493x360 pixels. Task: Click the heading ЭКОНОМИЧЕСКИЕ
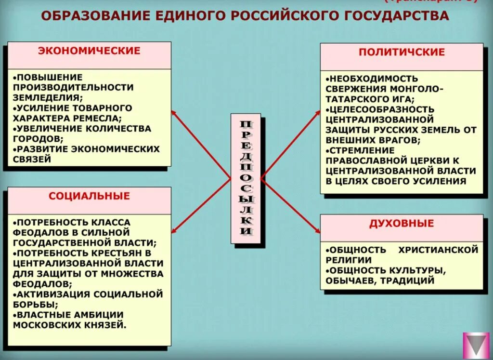(89, 51)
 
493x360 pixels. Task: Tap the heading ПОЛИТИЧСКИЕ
(402, 53)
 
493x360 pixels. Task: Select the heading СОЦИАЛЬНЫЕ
(89, 196)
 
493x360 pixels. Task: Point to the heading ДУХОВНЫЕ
(402, 224)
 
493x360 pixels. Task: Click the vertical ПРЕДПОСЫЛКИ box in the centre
(246, 178)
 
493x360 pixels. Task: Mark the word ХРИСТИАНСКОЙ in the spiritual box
(438, 250)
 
